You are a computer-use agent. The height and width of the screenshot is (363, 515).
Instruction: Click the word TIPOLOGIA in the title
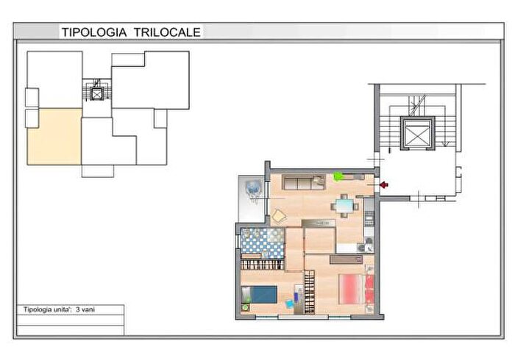(94, 32)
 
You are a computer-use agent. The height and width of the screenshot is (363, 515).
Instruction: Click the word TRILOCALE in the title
(167, 32)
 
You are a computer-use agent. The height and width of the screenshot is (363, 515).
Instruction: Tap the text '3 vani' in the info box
(85, 309)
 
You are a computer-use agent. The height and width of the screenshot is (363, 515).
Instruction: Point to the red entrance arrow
(383, 185)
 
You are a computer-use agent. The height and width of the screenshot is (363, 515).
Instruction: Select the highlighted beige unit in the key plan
(54, 137)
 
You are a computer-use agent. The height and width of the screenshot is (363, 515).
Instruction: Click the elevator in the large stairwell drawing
(417, 133)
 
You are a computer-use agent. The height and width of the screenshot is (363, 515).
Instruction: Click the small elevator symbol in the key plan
(96, 94)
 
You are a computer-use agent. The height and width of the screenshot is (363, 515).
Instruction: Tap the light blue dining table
(344, 206)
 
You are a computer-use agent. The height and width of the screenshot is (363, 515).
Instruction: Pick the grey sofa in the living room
(304, 182)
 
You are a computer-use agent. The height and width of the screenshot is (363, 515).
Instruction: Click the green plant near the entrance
(338, 176)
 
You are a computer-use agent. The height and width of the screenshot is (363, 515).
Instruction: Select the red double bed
(356, 290)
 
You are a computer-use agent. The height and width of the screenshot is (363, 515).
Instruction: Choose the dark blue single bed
(260, 295)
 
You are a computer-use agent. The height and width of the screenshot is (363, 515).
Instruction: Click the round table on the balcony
(254, 188)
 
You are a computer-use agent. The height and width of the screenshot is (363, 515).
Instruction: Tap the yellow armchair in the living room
(279, 216)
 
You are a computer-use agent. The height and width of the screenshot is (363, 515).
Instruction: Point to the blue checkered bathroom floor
(263, 242)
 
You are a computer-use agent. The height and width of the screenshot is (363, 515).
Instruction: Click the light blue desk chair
(289, 303)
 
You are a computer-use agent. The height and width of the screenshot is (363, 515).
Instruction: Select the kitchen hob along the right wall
(369, 219)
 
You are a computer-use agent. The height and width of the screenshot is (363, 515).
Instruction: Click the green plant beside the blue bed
(245, 308)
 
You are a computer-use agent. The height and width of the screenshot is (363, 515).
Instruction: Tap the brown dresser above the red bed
(347, 259)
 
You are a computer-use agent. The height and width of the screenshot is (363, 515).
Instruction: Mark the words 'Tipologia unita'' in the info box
(47, 309)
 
